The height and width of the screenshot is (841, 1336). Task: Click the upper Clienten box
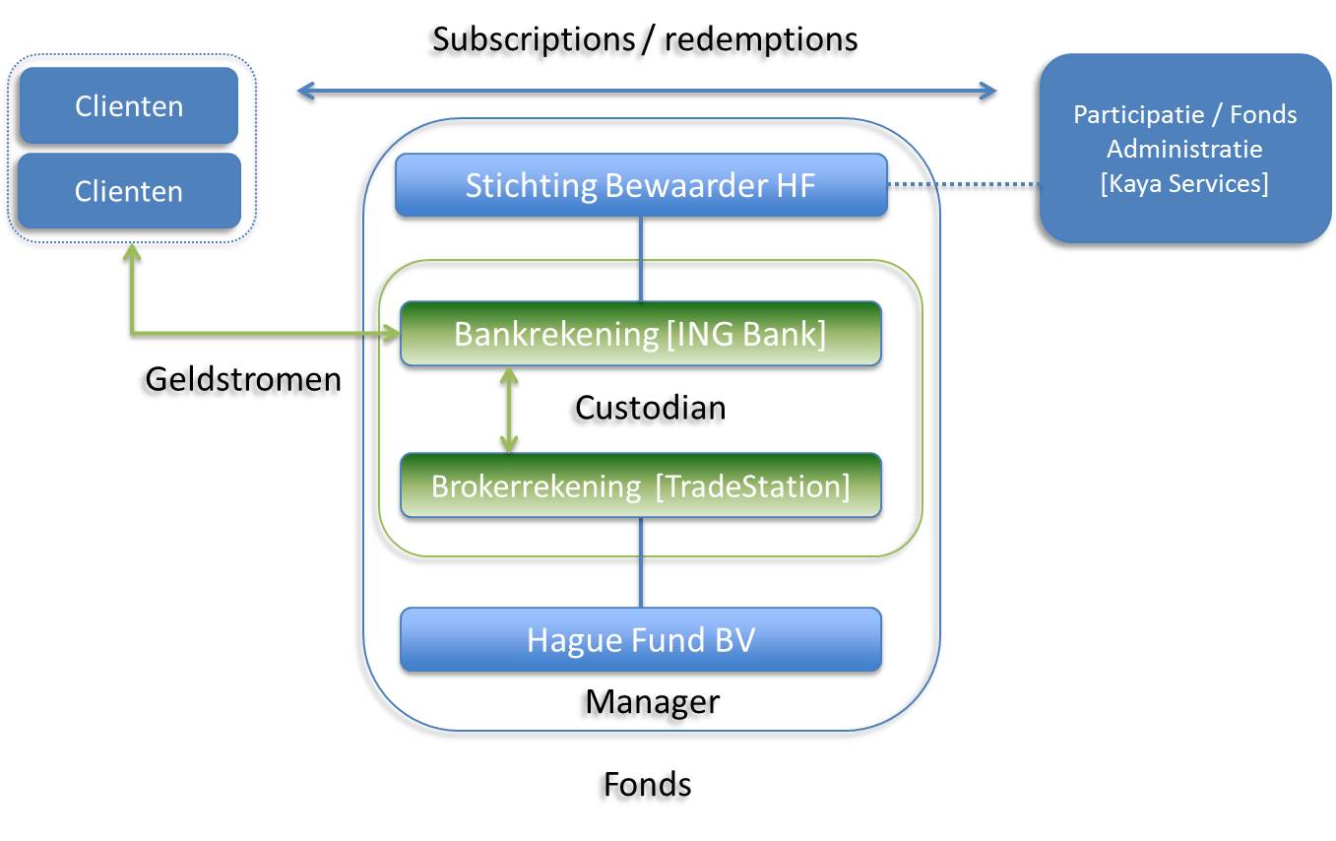[129, 105]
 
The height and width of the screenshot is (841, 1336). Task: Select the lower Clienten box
[129, 191]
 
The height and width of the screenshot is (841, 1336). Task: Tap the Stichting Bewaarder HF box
[641, 185]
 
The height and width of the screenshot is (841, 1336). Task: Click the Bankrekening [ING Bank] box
[641, 334]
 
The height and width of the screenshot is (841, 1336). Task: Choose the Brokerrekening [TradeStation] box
[641, 485]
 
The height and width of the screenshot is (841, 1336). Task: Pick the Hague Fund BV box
[641, 639]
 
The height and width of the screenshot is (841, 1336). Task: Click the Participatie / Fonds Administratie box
[1185, 149]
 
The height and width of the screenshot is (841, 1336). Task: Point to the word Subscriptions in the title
[534, 40]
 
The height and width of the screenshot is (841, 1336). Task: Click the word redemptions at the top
[761, 40]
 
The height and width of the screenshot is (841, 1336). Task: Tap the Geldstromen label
[243, 379]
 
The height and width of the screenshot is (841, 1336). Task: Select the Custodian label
[650, 408]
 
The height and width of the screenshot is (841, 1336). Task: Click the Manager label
[653, 702]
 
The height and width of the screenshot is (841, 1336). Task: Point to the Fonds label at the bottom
[648, 784]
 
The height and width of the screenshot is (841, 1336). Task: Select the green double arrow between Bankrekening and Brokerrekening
[509, 410]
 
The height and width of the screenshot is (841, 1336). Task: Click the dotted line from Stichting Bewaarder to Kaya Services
[963, 184]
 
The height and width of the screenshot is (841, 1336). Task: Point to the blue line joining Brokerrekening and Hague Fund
[641, 562]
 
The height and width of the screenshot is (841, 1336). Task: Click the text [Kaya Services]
[1184, 184]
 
